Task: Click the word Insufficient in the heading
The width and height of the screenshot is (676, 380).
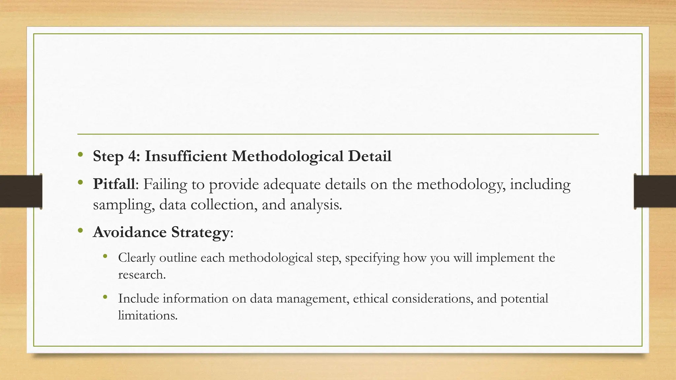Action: tap(186, 156)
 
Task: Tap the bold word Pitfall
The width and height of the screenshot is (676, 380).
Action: tap(114, 184)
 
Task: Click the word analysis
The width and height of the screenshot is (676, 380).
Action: tap(316, 205)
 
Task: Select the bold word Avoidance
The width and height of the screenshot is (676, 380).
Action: tap(129, 232)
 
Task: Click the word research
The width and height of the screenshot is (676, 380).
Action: tap(142, 274)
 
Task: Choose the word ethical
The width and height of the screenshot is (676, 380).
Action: tap(370, 299)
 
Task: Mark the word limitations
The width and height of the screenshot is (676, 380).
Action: tap(148, 315)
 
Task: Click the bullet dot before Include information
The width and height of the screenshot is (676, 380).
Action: tap(105, 297)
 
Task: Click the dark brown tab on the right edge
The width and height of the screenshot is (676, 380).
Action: tap(655, 191)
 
